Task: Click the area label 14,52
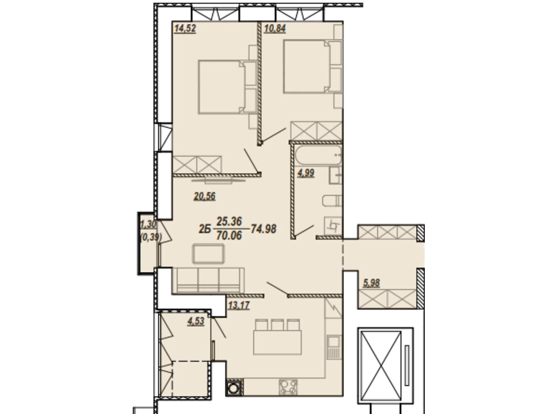tap(185, 28)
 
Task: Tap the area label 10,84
tap(275, 28)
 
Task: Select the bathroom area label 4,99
tap(306, 173)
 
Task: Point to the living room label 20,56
tap(205, 196)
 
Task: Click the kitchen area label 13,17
tap(238, 305)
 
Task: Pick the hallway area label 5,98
tap(371, 283)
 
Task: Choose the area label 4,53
tap(196, 321)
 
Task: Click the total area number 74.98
tap(263, 229)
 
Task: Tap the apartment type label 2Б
tap(204, 229)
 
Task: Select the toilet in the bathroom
tap(332, 201)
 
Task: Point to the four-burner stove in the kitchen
tap(288, 387)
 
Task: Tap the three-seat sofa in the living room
tap(208, 280)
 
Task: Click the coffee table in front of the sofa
tap(208, 254)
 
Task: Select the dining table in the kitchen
tap(278, 342)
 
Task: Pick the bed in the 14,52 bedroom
tap(222, 87)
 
